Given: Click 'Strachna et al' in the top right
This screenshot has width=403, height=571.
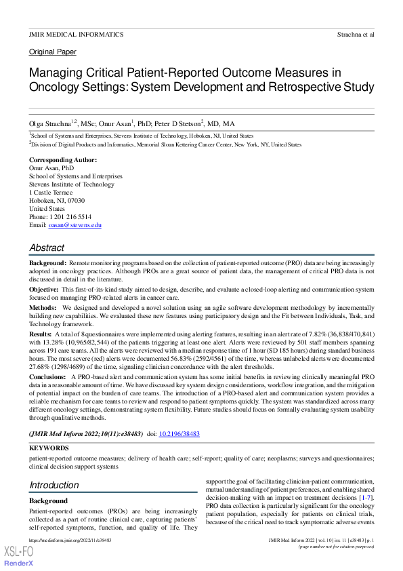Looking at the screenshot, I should [x=356, y=33].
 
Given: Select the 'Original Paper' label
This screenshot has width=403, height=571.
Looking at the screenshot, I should [x=53, y=52].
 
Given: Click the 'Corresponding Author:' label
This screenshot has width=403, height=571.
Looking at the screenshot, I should [x=63, y=160].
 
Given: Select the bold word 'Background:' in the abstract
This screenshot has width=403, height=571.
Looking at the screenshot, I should [x=47, y=262].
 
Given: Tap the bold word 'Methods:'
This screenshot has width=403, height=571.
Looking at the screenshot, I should [x=43, y=307].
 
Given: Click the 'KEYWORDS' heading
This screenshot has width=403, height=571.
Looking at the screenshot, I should [x=49, y=448].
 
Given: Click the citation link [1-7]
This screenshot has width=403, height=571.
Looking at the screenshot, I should [x=366, y=498].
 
